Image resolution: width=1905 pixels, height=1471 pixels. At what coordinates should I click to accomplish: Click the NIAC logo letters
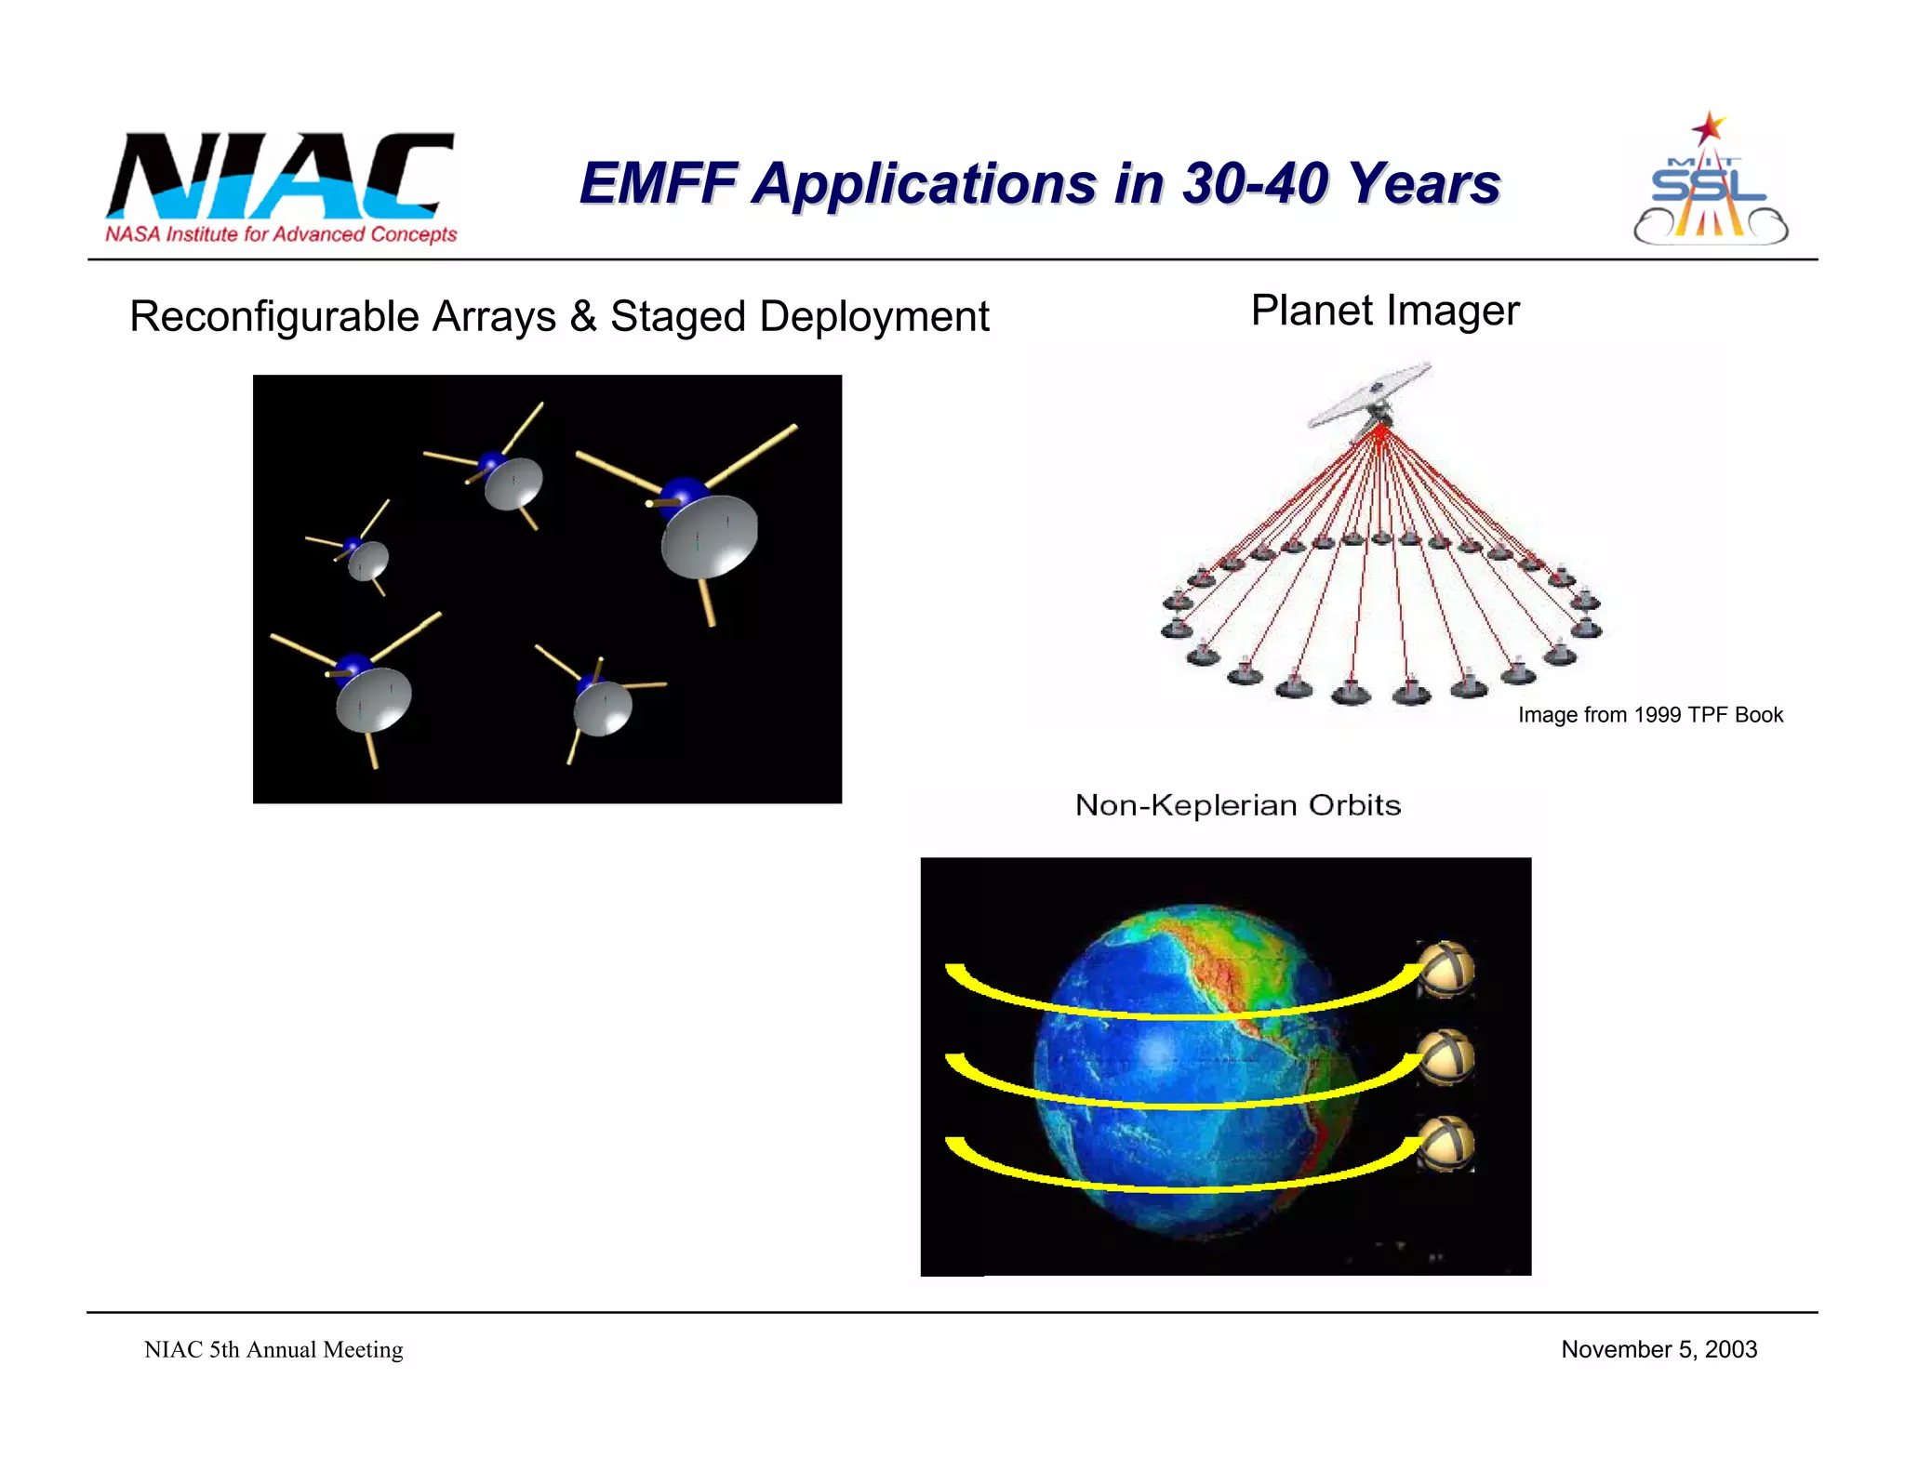[279, 177]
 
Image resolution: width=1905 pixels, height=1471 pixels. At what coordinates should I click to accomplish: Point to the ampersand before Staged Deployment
[583, 316]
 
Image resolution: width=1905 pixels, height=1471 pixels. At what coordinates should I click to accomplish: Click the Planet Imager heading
[1384, 311]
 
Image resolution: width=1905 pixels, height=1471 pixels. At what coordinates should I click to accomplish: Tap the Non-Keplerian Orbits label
[1237, 805]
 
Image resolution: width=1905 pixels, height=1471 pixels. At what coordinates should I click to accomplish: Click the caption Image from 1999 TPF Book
[1650, 715]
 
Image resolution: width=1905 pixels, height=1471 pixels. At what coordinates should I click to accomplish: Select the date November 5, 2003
[1659, 1349]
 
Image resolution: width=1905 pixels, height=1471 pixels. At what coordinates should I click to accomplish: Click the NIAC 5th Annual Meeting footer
[273, 1350]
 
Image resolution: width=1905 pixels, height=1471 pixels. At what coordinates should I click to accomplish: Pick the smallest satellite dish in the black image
[368, 560]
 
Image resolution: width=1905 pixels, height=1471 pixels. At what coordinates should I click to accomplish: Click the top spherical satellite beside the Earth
[1445, 969]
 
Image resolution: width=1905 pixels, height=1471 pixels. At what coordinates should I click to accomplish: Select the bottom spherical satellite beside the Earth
[1445, 1144]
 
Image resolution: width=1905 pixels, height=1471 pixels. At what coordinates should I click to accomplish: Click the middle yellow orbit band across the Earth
[1181, 1098]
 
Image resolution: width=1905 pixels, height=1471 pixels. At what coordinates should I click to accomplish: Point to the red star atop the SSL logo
[1708, 127]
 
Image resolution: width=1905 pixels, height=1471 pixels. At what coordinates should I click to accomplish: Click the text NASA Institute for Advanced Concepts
[281, 234]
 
